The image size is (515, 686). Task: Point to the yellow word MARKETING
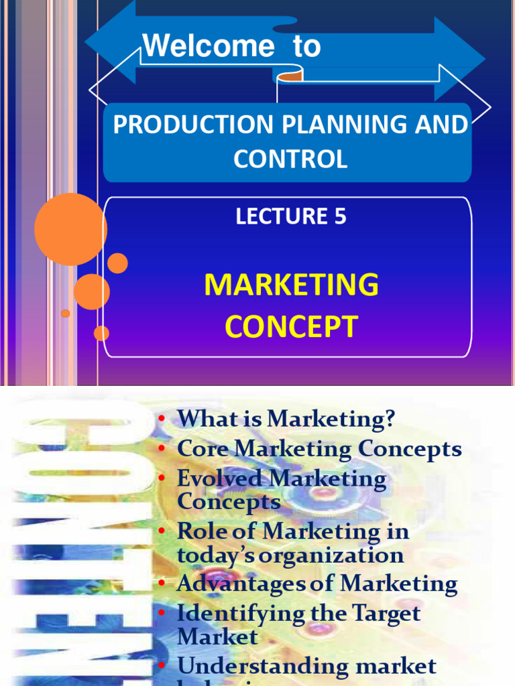pos(291,285)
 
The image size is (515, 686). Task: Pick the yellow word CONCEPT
pos(291,327)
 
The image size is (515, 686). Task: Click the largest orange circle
pos(70,229)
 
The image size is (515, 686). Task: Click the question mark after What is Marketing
pos(388,419)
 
